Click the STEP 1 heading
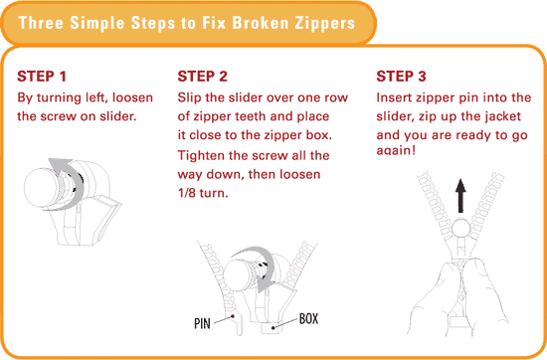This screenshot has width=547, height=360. coord(42,77)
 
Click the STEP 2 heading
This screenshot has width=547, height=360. coord(202,77)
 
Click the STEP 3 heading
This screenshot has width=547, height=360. coord(401,77)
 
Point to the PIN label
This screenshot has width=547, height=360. coord(202,324)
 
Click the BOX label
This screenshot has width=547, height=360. coord(308,318)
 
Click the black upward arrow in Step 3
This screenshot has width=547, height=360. coord(460,195)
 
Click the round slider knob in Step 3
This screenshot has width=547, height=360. coord(461,229)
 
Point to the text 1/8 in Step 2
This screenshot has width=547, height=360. coord(187,193)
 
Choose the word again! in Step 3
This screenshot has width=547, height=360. coord(396,151)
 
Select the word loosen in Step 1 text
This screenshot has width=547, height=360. coord(132,97)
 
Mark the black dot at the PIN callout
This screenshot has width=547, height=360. coord(233,317)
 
